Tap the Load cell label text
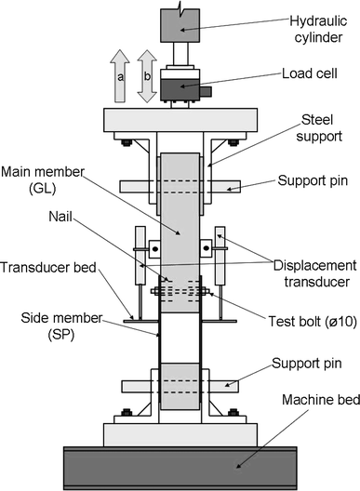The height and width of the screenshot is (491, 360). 310,73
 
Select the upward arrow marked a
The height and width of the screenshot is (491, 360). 120,75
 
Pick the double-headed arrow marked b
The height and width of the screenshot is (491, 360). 147,76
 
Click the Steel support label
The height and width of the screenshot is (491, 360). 319,127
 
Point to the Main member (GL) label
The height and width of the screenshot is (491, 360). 43,179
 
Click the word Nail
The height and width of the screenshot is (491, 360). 60,217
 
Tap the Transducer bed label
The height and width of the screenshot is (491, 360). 48,268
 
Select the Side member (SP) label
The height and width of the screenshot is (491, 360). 61,326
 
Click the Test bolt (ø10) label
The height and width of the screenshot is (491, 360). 313,322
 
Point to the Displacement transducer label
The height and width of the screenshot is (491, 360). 314,273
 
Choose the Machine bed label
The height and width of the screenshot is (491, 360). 321,400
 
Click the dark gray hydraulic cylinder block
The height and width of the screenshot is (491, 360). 180,26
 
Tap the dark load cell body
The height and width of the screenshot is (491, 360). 180,90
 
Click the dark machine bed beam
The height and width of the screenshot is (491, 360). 180,468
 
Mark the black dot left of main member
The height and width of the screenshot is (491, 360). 154,249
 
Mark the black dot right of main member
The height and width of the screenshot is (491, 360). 206,248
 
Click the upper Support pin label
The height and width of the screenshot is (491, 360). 313,180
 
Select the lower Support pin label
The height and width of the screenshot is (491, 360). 306,364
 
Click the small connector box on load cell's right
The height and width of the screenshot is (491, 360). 206,91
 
